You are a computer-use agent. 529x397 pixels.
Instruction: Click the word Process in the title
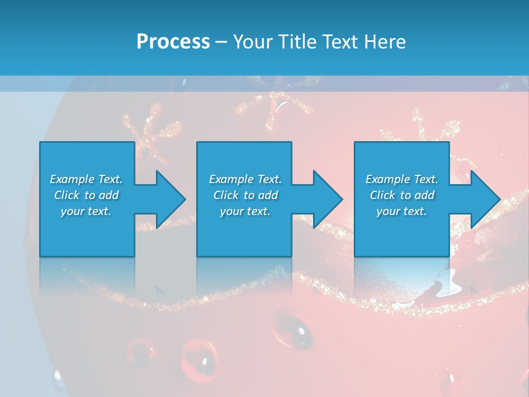[173, 42]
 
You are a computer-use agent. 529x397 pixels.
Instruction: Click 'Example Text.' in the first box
[86, 179]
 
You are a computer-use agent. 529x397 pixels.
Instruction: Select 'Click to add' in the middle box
[245, 195]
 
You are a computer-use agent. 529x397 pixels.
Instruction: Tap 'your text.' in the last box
[402, 211]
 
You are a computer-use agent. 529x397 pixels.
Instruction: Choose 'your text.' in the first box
[86, 211]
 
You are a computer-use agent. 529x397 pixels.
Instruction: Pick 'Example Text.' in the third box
[402, 179]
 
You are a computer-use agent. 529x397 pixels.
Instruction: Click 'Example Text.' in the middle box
[245, 179]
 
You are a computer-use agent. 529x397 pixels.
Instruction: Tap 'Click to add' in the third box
[402, 195]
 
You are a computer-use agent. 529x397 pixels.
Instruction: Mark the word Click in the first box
[67, 195]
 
